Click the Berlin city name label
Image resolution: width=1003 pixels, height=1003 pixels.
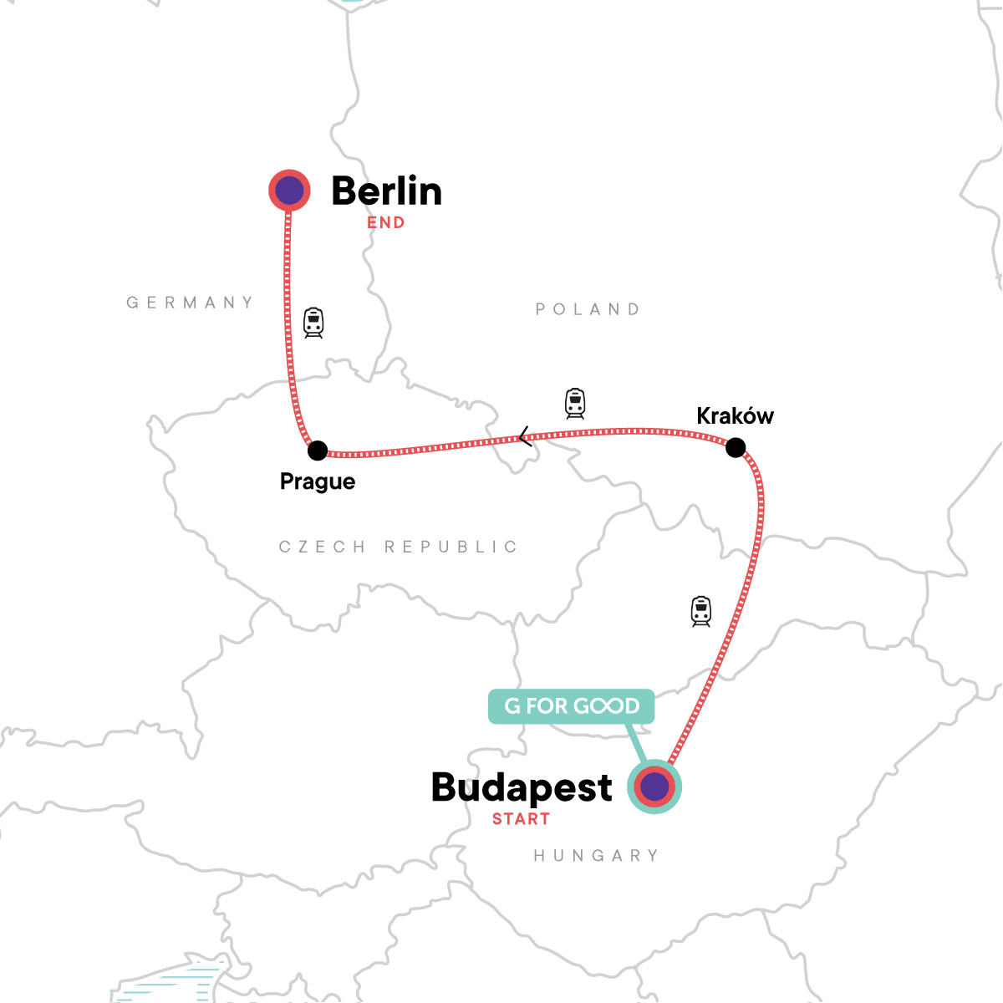[386, 191]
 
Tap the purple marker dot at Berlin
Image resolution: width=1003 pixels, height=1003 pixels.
[289, 191]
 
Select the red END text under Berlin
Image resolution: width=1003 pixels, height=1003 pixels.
[385, 223]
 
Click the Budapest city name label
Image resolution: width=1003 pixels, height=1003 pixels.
[522, 787]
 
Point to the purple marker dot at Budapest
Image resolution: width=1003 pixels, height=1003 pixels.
[654, 787]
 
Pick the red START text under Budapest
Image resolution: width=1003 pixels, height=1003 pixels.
[521, 819]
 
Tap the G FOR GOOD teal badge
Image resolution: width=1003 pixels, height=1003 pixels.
[572, 706]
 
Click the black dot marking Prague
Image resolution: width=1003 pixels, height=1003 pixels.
[318, 451]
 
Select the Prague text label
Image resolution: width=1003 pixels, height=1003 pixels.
[318, 482]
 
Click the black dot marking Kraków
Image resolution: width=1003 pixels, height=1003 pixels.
[736, 448]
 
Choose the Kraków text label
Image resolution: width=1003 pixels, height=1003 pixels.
[735, 416]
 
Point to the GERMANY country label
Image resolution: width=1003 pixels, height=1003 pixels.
[190, 303]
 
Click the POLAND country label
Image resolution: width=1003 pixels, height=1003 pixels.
[588, 309]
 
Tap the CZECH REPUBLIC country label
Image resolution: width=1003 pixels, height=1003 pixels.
[398, 547]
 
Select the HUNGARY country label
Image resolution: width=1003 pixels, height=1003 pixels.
[596, 856]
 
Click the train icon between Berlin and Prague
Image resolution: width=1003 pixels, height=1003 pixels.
[313, 323]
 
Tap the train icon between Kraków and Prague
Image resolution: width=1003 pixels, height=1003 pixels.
[575, 404]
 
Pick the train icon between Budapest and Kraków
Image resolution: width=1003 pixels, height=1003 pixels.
[701, 612]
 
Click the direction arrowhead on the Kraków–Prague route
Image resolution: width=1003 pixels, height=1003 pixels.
[524, 436]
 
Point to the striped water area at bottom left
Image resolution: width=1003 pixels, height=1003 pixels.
[171, 986]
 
